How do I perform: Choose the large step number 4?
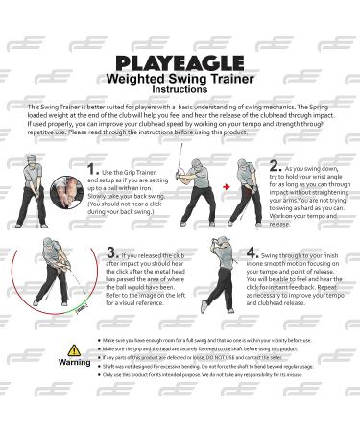click(x=251, y=254)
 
